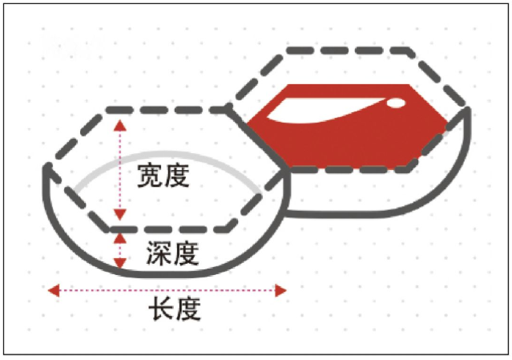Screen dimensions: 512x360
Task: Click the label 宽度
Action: [163, 176]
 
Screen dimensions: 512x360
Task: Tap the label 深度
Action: [173, 253]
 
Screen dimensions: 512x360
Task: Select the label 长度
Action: [175, 309]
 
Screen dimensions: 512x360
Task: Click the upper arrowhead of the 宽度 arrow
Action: [120, 125]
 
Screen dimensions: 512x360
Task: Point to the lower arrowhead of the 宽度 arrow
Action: [120, 215]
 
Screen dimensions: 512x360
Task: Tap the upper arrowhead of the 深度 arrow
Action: [120, 238]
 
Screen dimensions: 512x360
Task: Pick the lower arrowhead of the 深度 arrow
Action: [120, 263]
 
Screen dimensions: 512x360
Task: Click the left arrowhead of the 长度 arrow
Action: [54, 290]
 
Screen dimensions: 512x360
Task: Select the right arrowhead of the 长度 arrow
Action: [280, 290]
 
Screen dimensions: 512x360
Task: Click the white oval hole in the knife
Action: [396, 103]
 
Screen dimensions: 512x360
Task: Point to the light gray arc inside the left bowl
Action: [167, 153]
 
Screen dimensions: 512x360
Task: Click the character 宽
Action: [150, 176]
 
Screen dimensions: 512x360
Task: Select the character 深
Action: [159, 253]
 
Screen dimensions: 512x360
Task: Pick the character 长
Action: [161, 309]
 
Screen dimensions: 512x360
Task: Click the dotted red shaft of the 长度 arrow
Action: [167, 290]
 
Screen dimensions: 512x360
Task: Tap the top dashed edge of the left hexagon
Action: [167, 110]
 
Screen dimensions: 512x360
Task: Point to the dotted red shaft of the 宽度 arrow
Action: [120, 170]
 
